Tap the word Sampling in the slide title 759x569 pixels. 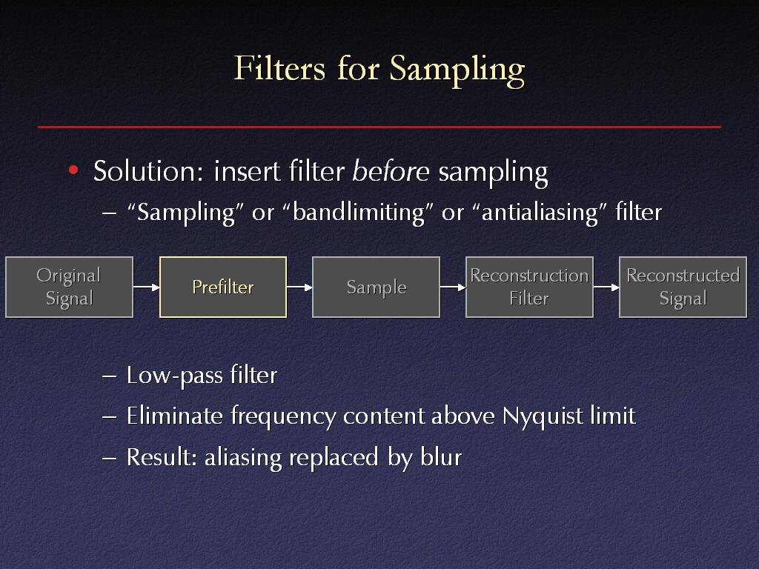(457, 70)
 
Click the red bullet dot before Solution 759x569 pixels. (73, 170)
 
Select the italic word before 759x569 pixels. (391, 170)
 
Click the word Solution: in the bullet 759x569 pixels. (148, 171)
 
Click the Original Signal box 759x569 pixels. (69, 287)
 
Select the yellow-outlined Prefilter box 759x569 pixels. (223, 287)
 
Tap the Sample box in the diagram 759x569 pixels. (376, 287)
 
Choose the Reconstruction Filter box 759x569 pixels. (529, 287)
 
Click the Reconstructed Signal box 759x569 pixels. (683, 287)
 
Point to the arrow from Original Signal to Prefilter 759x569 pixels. (146, 287)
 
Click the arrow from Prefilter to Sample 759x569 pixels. (299, 287)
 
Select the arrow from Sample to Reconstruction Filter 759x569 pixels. (453, 287)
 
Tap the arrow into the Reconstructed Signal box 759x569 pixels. (606, 287)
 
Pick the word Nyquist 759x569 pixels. (543, 416)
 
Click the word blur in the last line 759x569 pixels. (442, 456)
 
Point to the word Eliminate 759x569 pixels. (174, 416)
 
